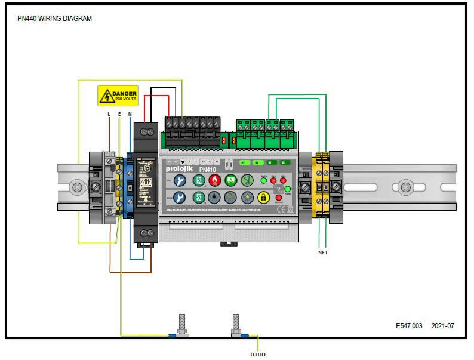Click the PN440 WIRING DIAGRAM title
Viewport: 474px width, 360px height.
55,19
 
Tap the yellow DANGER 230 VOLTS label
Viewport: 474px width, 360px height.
118,96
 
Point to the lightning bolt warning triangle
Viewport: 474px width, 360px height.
106,96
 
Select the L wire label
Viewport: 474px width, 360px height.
108,113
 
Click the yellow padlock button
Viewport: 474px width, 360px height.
264,198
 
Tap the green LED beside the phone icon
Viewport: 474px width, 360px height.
287,189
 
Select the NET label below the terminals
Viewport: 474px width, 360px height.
322,253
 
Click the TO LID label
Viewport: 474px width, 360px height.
258,354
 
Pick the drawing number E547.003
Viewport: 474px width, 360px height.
409,326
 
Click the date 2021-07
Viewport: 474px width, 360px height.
442,326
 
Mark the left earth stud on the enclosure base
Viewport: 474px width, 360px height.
181,325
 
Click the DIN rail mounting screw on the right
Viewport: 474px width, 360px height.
406,186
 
